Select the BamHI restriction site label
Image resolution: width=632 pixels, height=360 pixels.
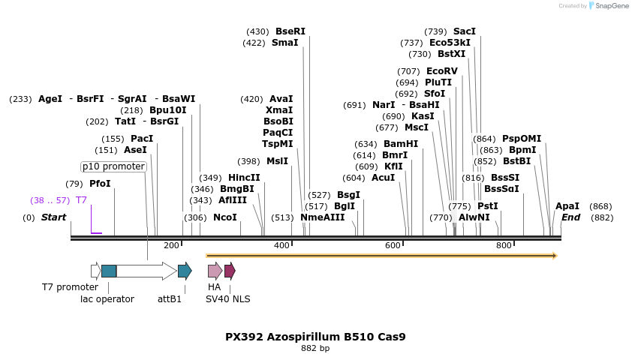pyautogui.click(x=401, y=144)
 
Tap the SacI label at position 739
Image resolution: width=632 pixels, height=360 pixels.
pyautogui.click(x=465, y=31)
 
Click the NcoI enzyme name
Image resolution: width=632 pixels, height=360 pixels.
pyautogui.click(x=225, y=217)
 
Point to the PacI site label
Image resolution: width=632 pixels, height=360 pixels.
pyautogui.click(x=142, y=139)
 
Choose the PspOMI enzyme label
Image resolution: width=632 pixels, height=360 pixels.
pyautogui.click(x=522, y=139)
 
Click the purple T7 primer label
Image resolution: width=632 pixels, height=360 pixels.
pyautogui.click(x=81, y=200)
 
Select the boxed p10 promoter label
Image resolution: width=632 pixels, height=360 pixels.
pyautogui.click(x=113, y=166)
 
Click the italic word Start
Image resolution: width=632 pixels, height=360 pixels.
pyautogui.click(x=53, y=217)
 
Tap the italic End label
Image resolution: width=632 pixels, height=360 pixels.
pyautogui.click(x=571, y=217)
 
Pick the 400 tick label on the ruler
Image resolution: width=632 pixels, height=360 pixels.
pyautogui.click(x=281, y=245)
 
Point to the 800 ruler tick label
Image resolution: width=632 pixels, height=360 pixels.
pyautogui.click(x=504, y=245)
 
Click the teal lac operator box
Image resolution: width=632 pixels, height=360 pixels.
pyautogui.click(x=109, y=271)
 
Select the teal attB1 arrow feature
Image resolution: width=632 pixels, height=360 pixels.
pyautogui.click(x=185, y=271)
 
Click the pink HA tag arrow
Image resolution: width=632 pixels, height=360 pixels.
pyautogui.click(x=215, y=271)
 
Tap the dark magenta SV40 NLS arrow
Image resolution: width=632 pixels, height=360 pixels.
pyautogui.click(x=230, y=271)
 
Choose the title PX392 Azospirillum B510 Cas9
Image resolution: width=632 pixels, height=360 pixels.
pyautogui.click(x=315, y=337)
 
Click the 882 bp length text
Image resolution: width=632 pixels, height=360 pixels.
pyautogui.click(x=315, y=349)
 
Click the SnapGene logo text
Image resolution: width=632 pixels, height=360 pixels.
pyautogui.click(x=609, y=6)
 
